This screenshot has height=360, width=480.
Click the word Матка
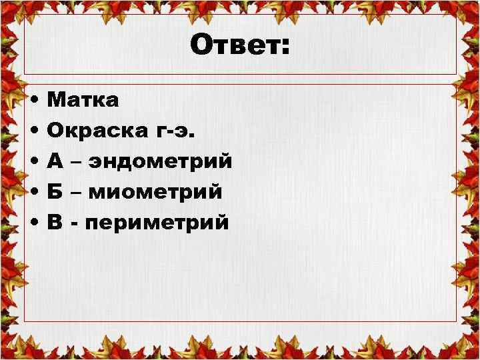83,101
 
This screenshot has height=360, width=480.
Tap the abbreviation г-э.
175,132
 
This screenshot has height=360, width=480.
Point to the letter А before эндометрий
57,161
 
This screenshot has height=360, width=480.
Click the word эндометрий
165,161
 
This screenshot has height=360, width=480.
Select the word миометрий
155,192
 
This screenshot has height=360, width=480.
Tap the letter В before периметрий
56,222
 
